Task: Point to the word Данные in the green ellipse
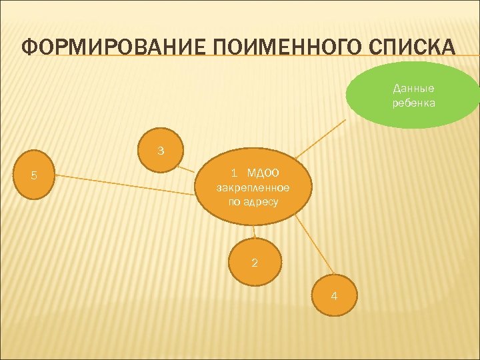pyautogui.click(x=413, y=88)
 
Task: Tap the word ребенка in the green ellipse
pyautogui.click(x=413, y=103)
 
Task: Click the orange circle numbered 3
pyautogui.click(x=161, y=151)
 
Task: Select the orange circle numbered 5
pyautogui.click(x=34, y=177)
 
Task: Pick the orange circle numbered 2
pyautogui.click(x=254, y=262)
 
